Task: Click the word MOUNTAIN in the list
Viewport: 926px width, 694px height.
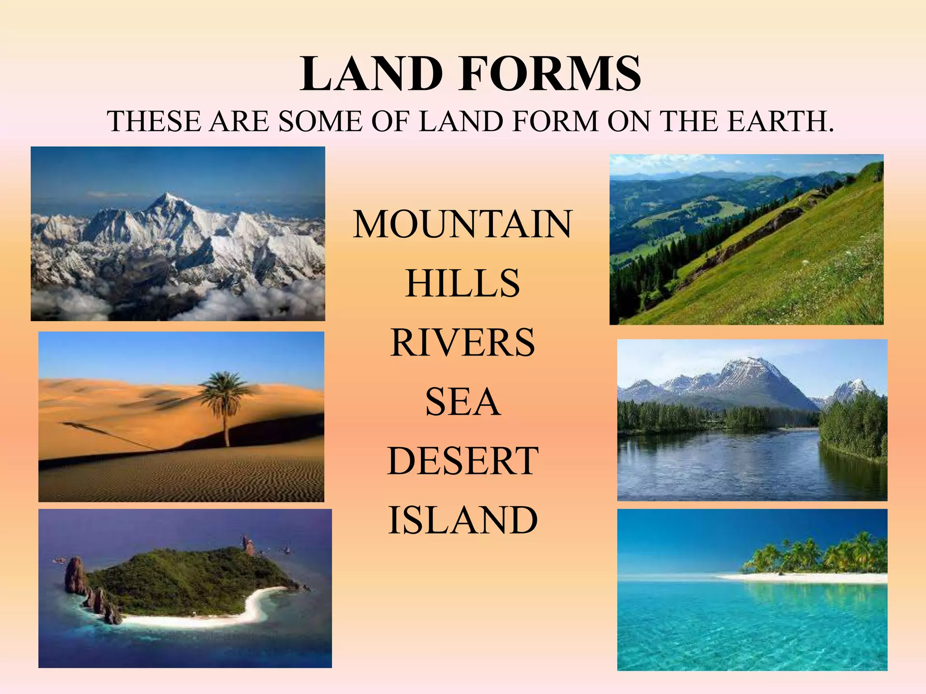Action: (462, 224)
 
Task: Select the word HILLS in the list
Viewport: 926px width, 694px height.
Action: (462, 283)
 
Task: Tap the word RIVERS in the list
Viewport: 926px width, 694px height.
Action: (462, 342)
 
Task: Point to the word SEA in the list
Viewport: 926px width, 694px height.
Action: (462, 402)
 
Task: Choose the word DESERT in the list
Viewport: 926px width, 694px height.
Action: (462, 461)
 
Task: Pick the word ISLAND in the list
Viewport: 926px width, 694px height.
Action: (462, 520)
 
